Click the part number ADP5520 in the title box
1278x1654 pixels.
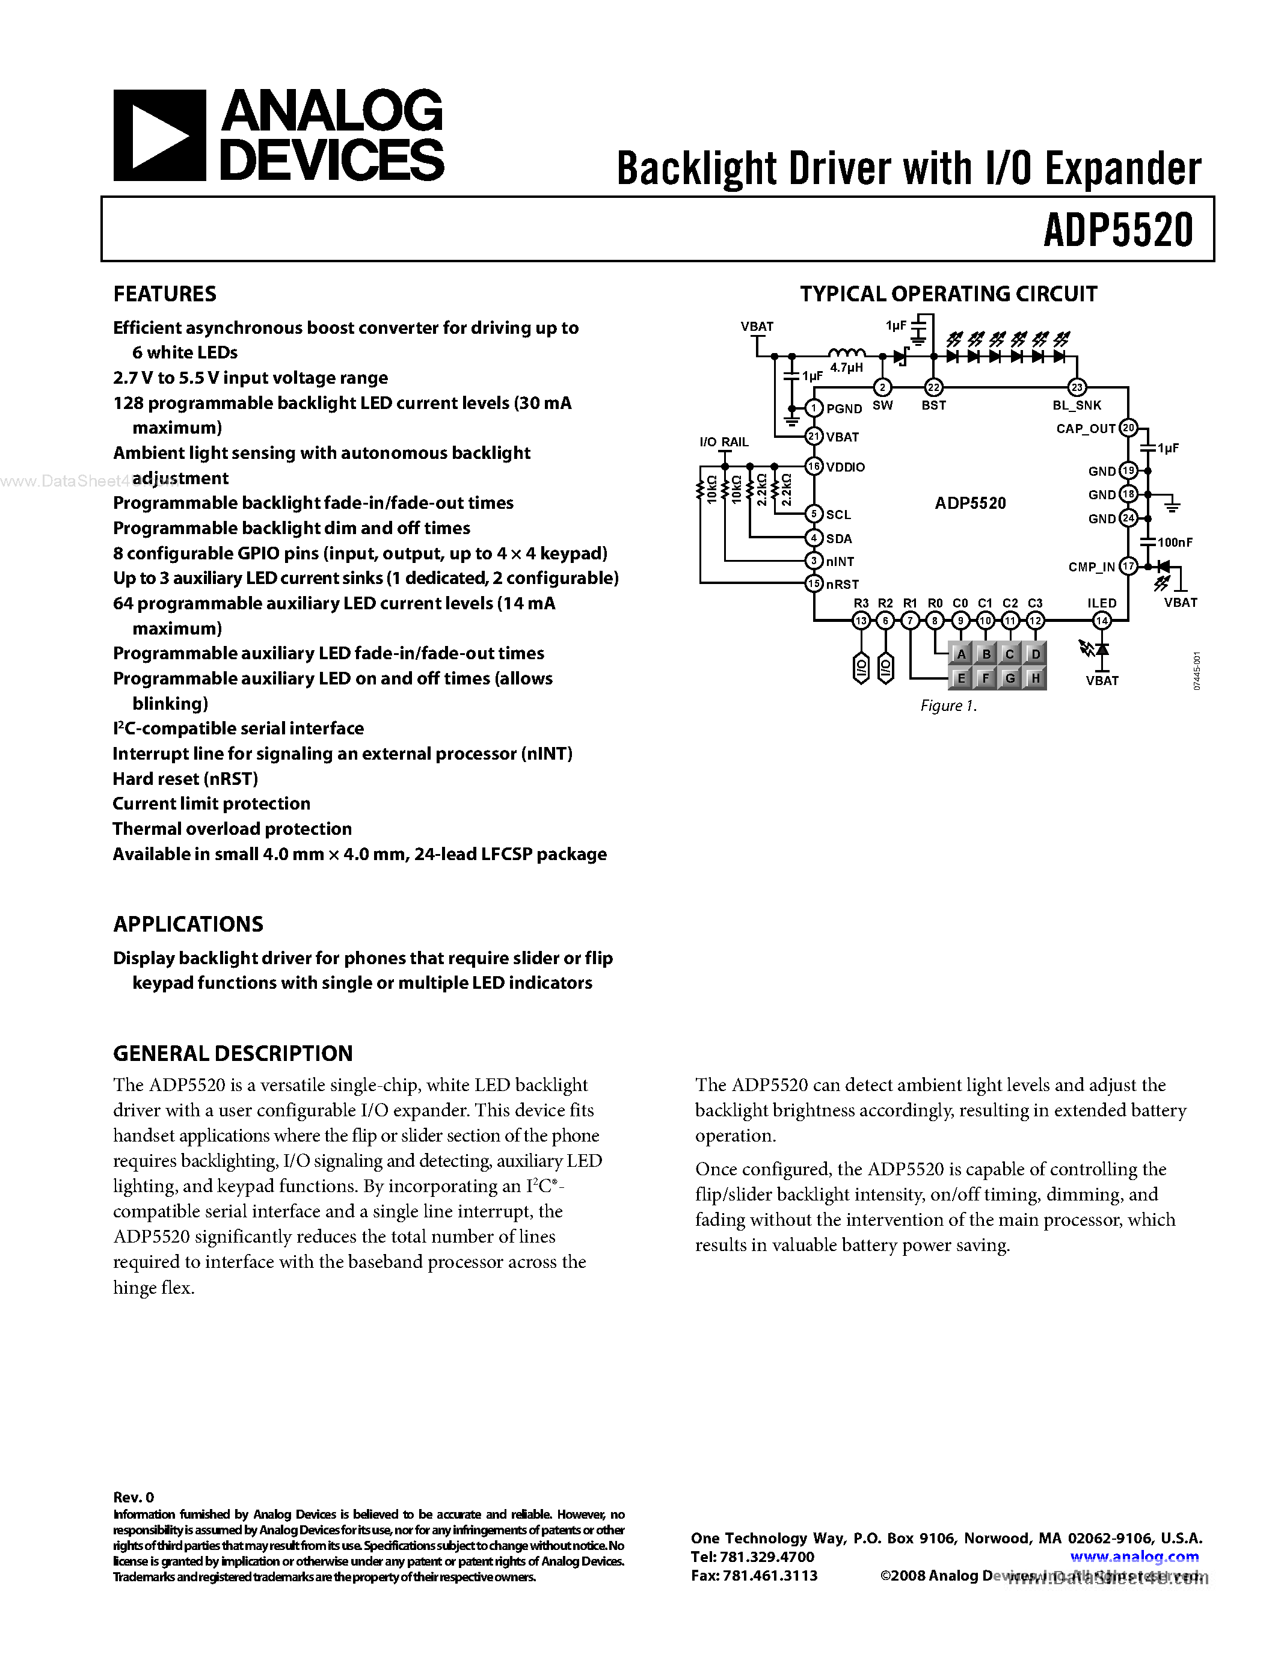1117,230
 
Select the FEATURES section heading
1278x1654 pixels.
164,294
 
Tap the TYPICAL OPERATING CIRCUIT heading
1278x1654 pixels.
948,294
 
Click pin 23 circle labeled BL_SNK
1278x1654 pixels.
1077,387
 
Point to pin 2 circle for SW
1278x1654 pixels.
882,387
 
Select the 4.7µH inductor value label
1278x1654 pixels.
846,368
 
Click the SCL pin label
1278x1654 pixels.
838,515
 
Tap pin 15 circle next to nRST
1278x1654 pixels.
814,584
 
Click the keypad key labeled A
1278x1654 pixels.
961,654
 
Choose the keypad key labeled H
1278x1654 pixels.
1035,678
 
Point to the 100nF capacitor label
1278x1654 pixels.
1175,543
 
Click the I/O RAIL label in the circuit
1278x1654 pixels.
723,442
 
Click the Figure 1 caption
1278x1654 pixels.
948,706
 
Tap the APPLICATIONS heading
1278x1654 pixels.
188,924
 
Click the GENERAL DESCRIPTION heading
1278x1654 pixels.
232,1053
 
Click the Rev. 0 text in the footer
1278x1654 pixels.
134,1497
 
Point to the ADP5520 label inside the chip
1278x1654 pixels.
970,503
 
